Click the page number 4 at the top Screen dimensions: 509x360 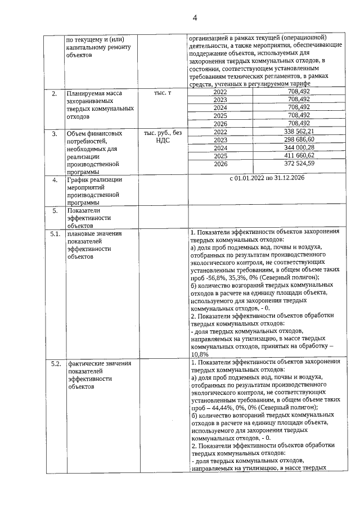click(x=195, y=17)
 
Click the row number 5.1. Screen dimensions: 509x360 click(x=55, y=233)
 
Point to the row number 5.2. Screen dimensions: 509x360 click(x=55, y=364)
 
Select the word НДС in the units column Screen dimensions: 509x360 click(x=163, y=141)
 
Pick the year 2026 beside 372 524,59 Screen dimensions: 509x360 click(x=220, y=164)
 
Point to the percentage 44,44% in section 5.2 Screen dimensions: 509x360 click(x=220, y=407)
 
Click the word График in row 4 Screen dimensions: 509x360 click(x=79, y=180)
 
